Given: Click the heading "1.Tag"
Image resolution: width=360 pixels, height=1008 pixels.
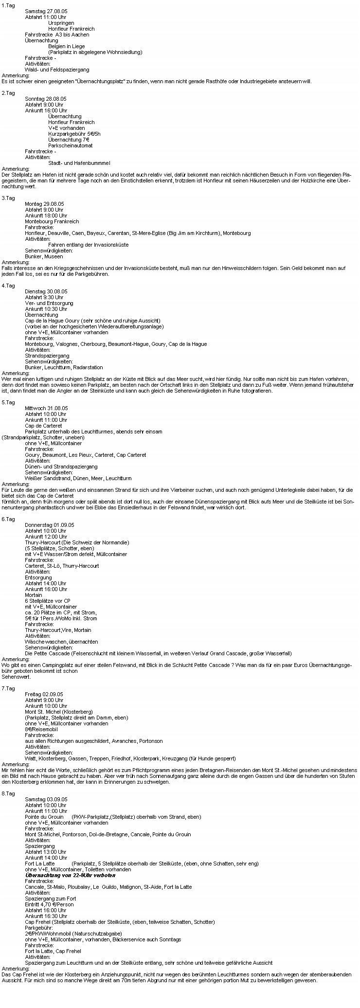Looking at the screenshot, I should coord(8,5).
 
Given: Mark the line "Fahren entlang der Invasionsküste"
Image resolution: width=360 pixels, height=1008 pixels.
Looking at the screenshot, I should coord(88,245).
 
